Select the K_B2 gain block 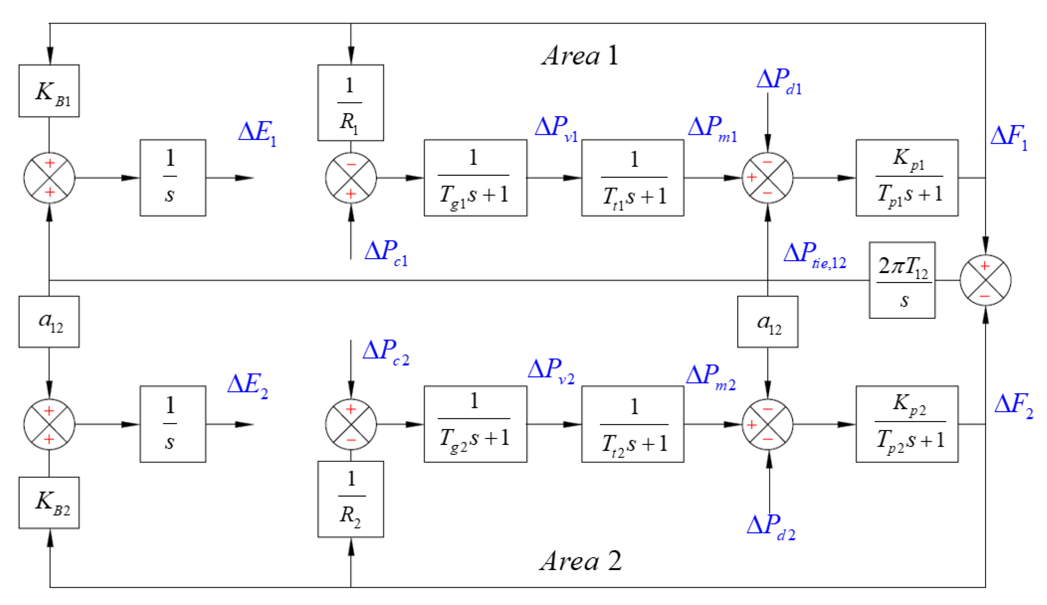click(49, 503)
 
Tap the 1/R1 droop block click(350, 103)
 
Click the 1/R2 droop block click(350, 499)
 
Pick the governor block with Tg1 click(475, 178)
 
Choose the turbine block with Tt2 click(632, 424)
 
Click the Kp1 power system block click(907, 178)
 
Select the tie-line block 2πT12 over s click(902, 280)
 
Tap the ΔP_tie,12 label click(814, 255)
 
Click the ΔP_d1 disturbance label click(778, 81)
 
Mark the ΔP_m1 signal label click(712, 129)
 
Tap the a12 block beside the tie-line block click(767, 322)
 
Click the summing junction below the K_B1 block click(49, 178)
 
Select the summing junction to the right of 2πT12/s click(985, 280)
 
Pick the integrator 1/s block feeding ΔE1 click(173, 178)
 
